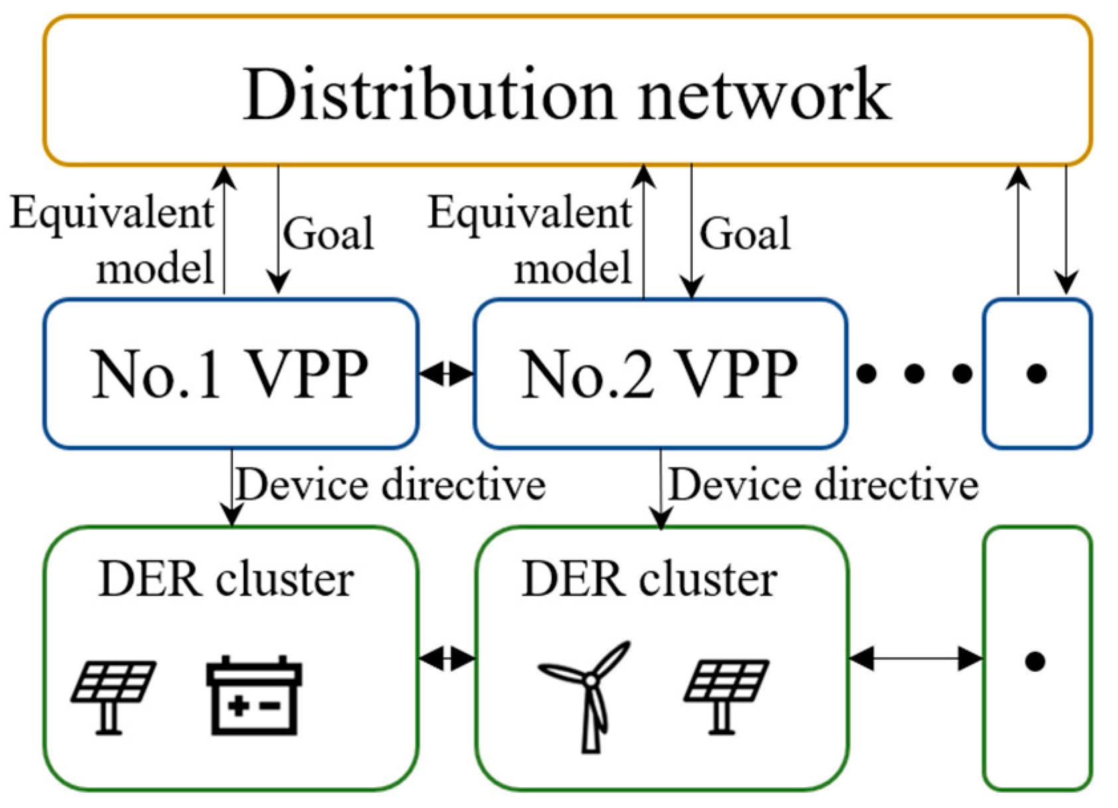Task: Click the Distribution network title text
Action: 567,95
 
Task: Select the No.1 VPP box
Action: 230,374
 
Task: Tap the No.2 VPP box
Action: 660,374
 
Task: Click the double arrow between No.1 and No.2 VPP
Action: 446,374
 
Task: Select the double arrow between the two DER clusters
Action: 447,659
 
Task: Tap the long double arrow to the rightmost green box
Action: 915,659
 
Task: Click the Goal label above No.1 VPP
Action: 328,234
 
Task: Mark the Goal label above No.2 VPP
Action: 745,234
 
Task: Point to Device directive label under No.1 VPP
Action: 391,485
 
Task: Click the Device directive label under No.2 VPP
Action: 823,485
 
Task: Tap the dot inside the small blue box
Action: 1036,374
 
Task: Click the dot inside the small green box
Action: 1035,661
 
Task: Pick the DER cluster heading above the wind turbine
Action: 649,580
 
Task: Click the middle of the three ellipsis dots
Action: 914,374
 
